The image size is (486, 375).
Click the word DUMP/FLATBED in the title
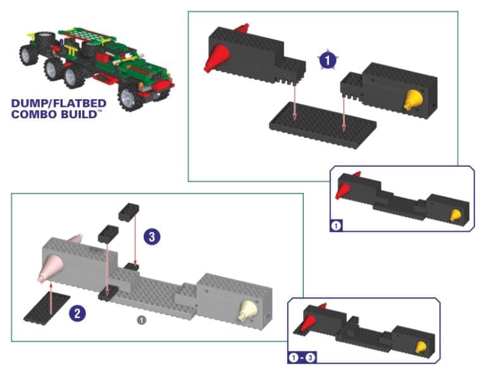(59, 103)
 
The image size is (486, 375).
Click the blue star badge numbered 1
(327, 61)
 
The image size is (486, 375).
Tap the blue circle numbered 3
(151, 237)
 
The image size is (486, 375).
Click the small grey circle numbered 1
(142, 320)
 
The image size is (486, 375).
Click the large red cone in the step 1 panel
(216, 59)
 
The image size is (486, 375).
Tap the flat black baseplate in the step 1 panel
(322, 123)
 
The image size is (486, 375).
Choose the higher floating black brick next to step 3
(129, 211)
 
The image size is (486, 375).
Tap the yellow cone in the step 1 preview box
(454, 216)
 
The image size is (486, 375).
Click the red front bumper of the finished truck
(163, 85)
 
